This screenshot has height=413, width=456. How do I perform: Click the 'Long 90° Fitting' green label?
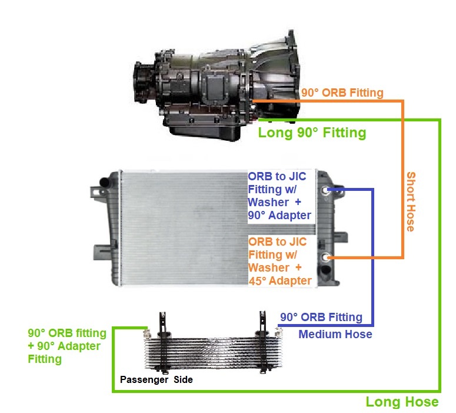[312, 133]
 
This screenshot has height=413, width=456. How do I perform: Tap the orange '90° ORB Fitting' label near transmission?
[342, 92]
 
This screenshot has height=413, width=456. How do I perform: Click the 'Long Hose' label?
[402, 402]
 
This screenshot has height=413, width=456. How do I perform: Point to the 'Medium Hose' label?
[335, 335]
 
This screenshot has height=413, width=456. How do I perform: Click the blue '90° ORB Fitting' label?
[321, 318]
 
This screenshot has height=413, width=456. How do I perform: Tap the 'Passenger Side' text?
[156, 379]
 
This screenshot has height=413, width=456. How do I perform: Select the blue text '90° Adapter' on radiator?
[279, 215]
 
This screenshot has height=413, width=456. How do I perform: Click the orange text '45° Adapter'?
[279, 280]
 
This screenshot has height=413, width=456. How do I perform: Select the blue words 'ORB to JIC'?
[277, 177]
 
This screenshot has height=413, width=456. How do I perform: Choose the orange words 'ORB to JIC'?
[277, 242]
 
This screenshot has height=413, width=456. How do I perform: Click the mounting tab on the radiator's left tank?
[94, 191]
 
